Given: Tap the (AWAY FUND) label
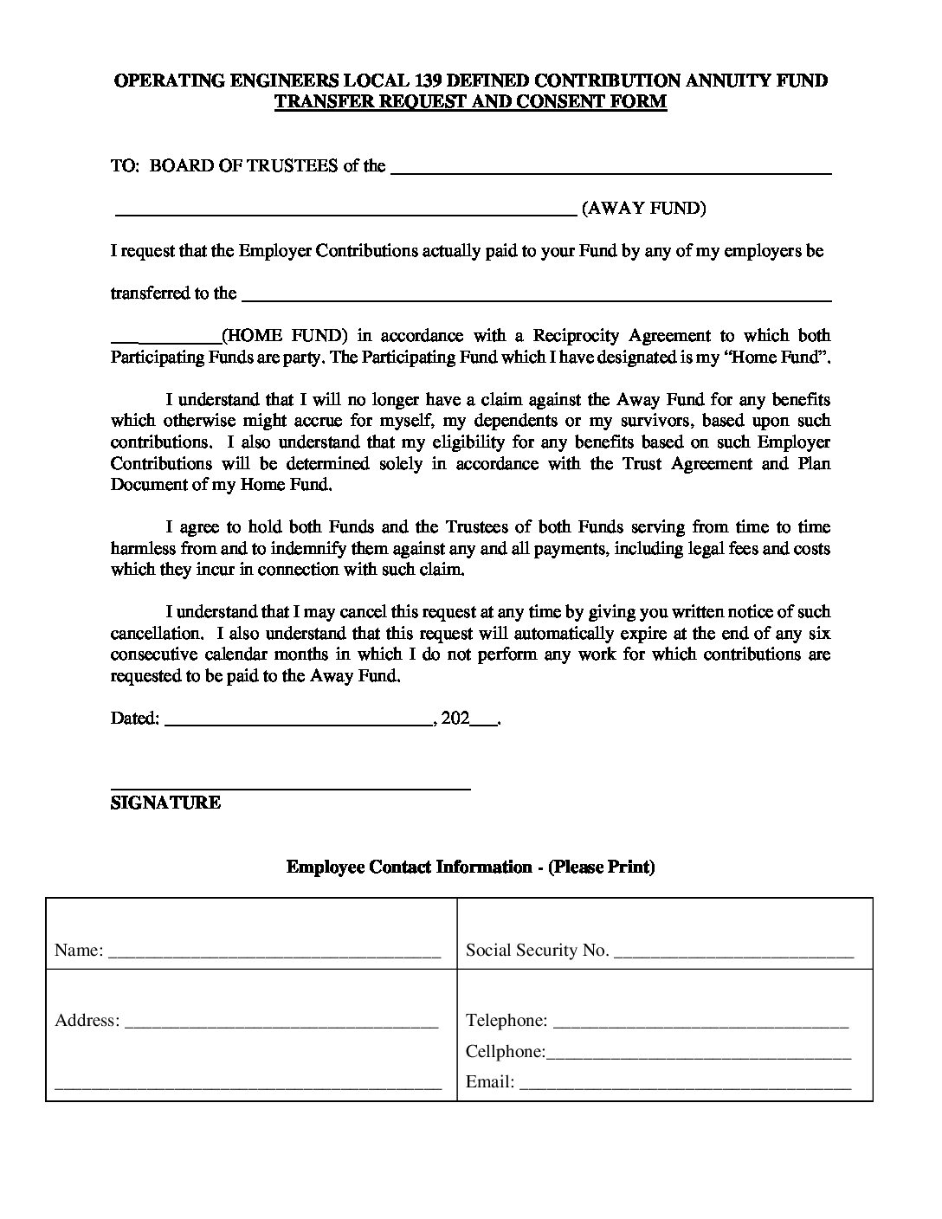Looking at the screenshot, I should pos(643,209).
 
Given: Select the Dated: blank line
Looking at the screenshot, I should pos(298,722).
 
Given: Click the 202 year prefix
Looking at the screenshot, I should pos(455,718).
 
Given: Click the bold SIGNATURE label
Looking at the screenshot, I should pos(165,803).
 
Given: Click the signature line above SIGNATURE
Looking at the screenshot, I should pos(290,788).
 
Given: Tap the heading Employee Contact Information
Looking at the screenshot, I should pos(409,867).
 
